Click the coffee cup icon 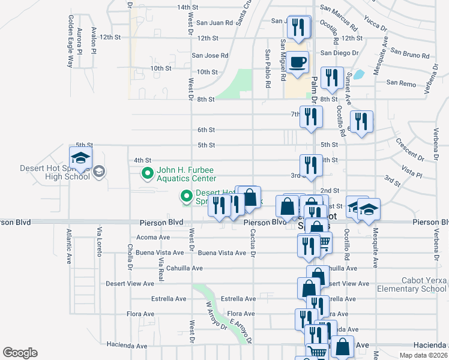[x=298, y=61]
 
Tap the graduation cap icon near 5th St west [x=81, y=158]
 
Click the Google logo [x=20, y=352]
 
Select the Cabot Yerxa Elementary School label [x=412, y=284]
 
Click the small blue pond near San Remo [x=359, y=75]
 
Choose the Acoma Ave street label [x=154, y=237]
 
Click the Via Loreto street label [x=99, y=242]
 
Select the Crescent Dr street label [x=410, y=150]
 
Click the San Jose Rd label [x=209, y=55]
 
